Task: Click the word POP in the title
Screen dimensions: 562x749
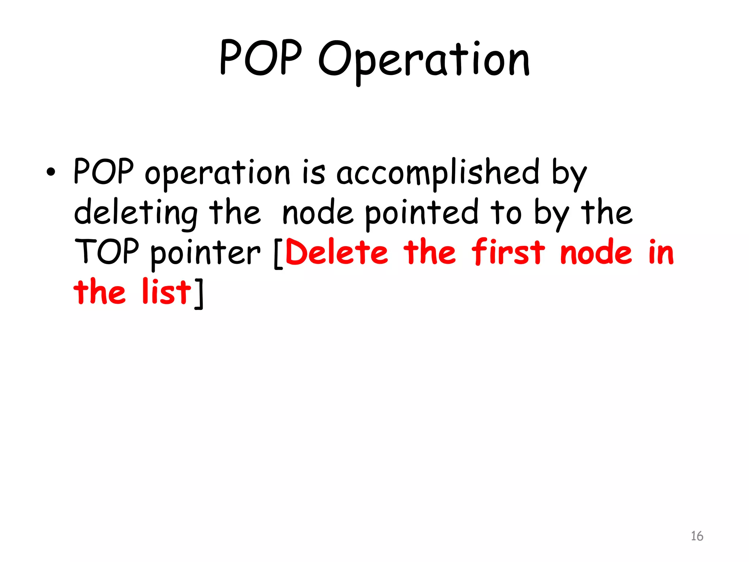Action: point(260,58)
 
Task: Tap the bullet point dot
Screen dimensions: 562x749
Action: point(51,172)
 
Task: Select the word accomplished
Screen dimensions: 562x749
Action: point(437,173)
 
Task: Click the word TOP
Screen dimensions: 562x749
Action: point(106,251)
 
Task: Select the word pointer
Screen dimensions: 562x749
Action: point(205,253)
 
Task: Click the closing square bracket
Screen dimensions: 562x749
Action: point(199,293)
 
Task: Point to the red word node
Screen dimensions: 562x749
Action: point(596,252)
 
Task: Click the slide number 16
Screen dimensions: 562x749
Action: point(697,536)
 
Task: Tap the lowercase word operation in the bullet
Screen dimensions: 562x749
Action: point(217,173)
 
